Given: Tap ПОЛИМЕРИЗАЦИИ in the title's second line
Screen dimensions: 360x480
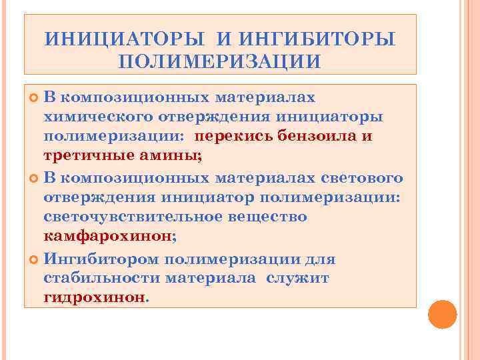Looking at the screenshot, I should click(220, 61).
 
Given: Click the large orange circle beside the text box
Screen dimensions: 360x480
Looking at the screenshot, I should click(441, 315).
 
